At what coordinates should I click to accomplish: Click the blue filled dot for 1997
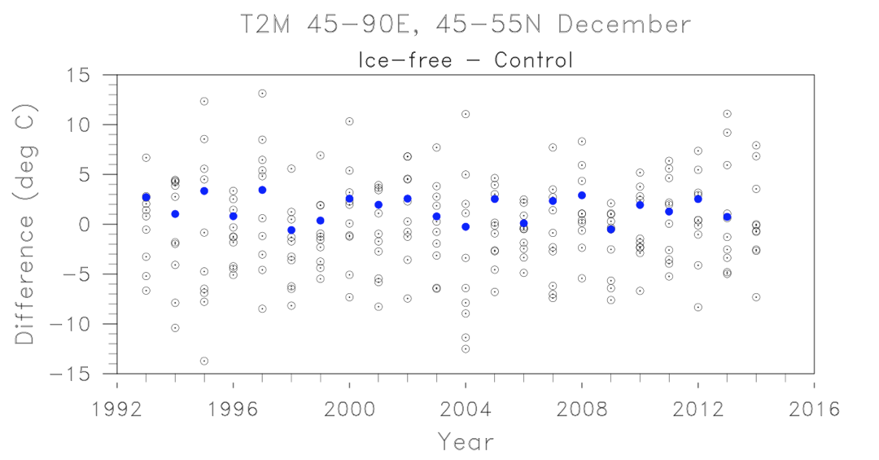262,190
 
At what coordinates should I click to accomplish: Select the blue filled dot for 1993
146,197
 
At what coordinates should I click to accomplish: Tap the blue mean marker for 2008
582,195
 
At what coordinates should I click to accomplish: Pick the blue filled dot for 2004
466,226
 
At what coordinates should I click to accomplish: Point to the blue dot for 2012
698,199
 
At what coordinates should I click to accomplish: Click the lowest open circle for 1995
204,361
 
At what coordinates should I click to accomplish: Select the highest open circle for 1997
262,94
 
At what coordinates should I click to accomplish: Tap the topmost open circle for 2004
466,114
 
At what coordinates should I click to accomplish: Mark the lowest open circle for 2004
466,348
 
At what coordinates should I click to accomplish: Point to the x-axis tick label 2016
813,409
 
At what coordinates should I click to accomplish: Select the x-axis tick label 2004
466,409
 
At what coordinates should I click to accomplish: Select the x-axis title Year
466,442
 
